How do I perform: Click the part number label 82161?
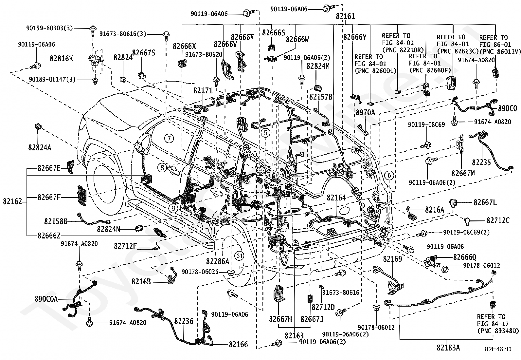[345, 16]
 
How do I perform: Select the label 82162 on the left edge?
[12, 201]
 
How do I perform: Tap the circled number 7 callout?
[169, 139]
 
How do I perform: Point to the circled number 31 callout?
[239, 256]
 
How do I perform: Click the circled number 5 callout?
[265, 133]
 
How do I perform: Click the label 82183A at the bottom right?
[448, 348]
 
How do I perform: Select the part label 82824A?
[40, 147]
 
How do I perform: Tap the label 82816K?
[62, 58]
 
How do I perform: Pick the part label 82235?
[481, 162]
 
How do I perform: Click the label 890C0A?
[46, 299]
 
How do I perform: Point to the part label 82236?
[184, 321]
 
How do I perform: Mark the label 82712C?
[498, 220]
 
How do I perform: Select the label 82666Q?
[465, 257]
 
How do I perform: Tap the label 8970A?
[365, 113]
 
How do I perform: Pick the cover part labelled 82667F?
[82, 195]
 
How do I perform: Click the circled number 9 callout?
[173, 208]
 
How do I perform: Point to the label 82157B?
[321, 97]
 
